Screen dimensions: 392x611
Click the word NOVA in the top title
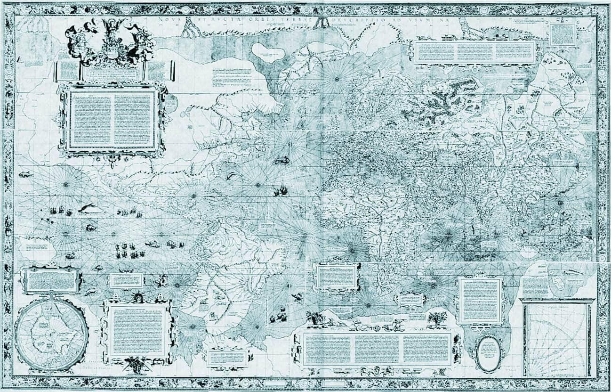point(165,20)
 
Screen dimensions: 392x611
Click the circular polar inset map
point(51,335)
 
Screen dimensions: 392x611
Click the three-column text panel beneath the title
point(474,52)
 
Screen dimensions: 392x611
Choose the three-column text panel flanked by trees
point(377,349)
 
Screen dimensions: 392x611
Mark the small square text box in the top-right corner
point(563,34)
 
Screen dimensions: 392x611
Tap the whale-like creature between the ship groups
point(91,208)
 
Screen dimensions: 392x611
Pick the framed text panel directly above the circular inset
point(51,280)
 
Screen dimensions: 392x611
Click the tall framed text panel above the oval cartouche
point(480,300)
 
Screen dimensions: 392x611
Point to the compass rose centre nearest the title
point(337,79)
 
